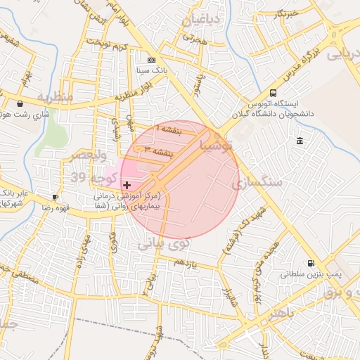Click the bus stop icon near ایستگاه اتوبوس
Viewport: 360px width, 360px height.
tap(273, 94)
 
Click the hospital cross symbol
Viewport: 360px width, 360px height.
tap(127, 184)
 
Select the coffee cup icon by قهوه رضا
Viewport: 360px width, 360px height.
tap(56, 197)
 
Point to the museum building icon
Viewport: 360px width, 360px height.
tap(300, 141)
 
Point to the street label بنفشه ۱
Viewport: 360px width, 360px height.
tap(169, 130)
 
